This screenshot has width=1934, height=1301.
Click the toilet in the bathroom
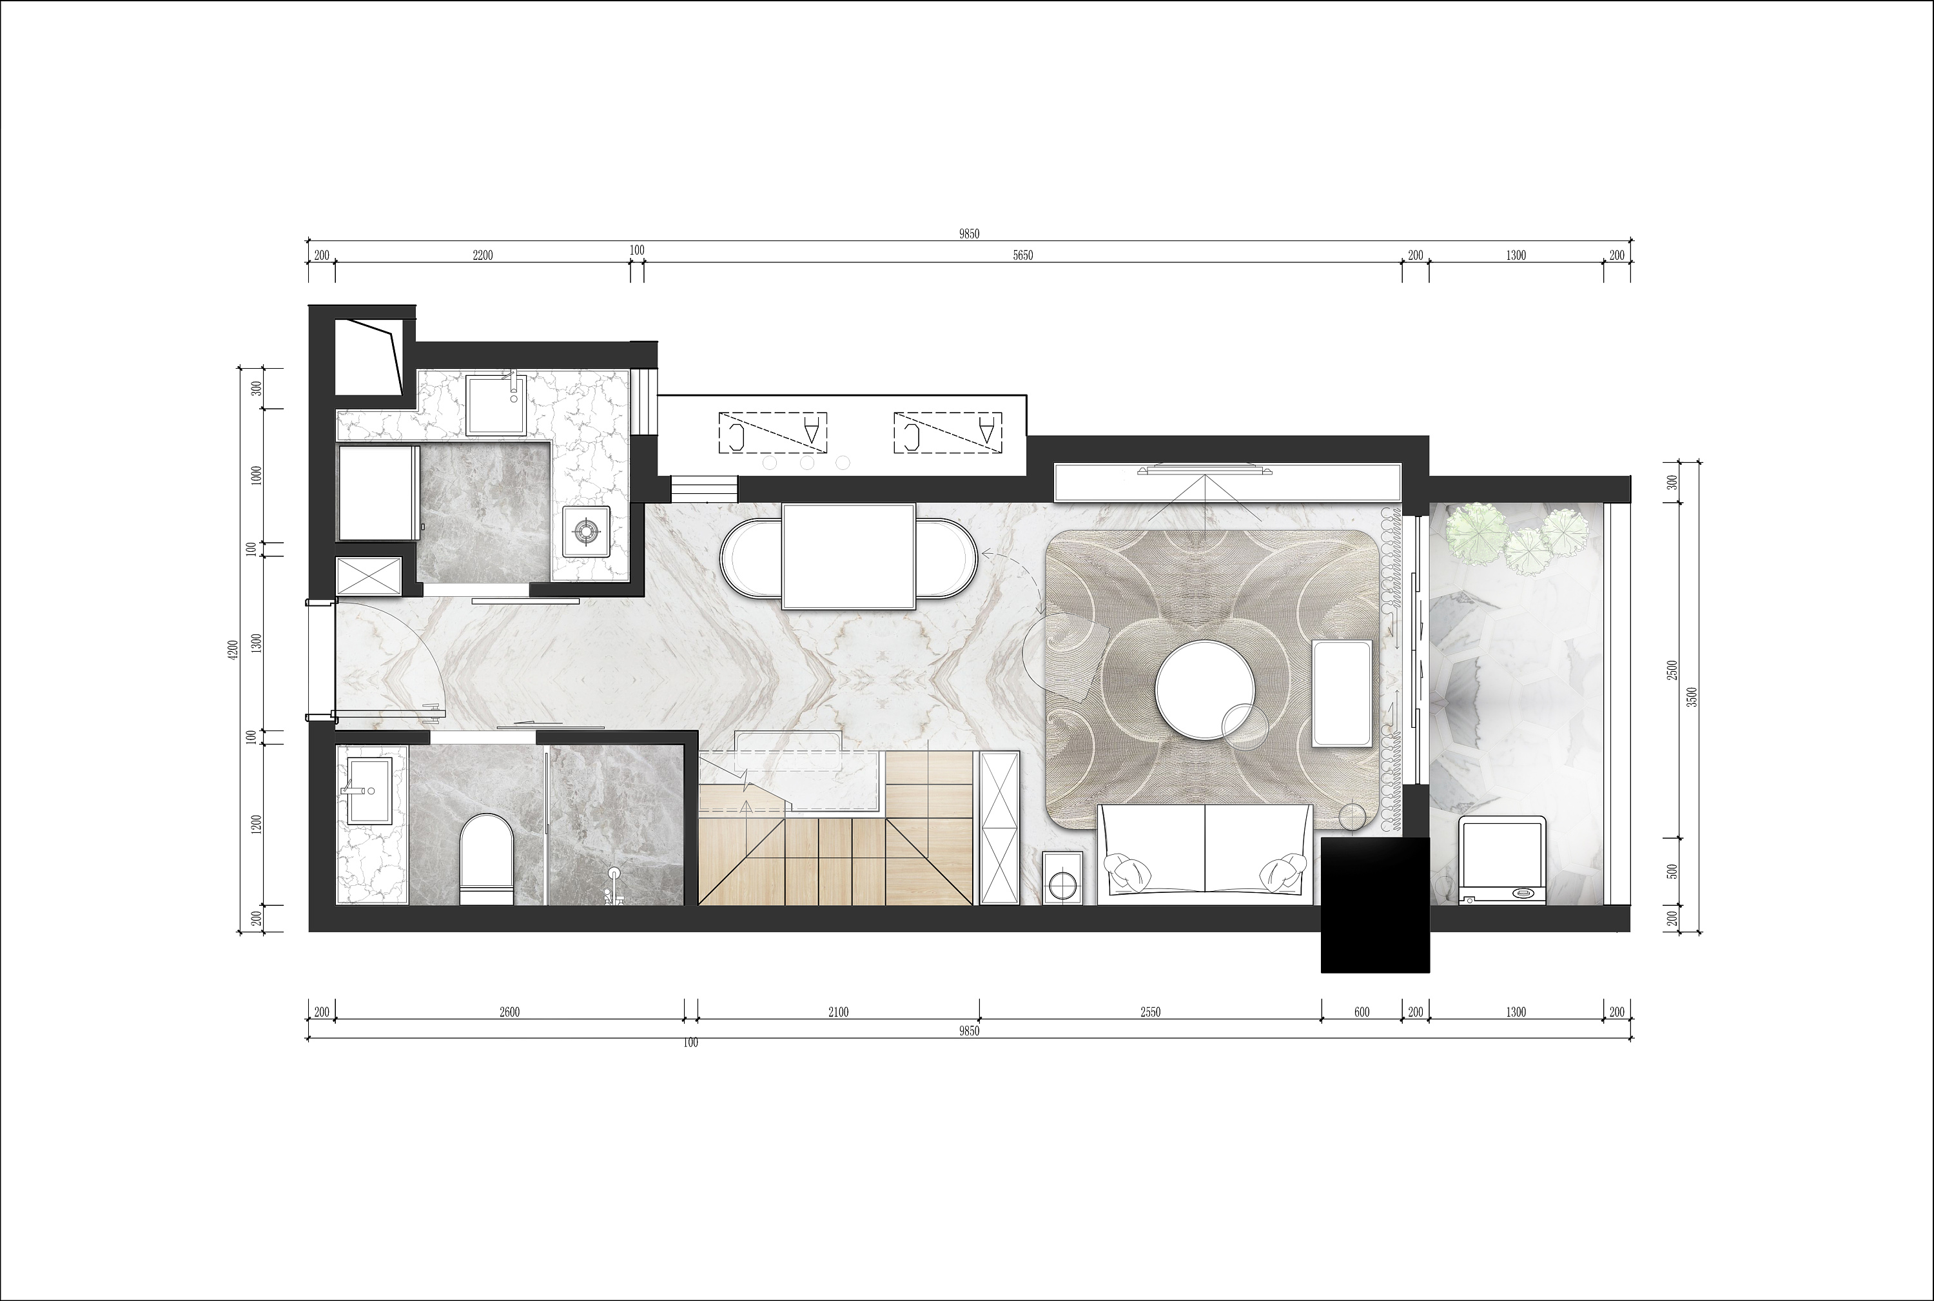pyautogui.click(x=487, y=859)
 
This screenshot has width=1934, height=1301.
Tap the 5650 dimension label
pyautogui.click(x=1023, y=255)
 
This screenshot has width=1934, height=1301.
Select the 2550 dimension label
pyautogui.click(x=1150, y=1012)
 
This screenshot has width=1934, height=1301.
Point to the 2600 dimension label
pyautogui.click(x=509, y=1012)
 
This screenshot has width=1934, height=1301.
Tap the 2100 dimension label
pyautogui.click(x=838, y=1012)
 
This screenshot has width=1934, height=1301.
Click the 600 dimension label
pyautogui.click(x=1362, y=1012)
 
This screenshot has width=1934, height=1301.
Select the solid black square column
pyautogui.click(x=1376, y=905)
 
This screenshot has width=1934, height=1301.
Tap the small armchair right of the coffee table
pyautogui.click(x=1342, y=694)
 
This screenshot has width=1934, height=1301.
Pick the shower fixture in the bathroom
pyautogui.click(x=614, y=887)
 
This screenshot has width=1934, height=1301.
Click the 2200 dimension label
pyautogui.click(x=482, y=255)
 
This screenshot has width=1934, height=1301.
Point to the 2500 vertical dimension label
pyautogui.click(x=1673, y=670)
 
